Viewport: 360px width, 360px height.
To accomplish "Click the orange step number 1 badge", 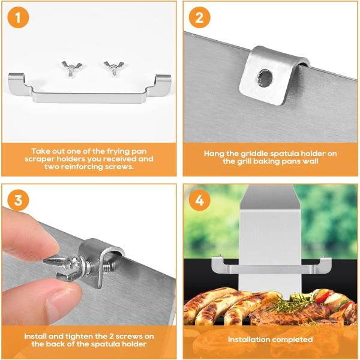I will click(19, 19).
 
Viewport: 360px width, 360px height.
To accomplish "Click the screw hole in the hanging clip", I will click(263, 76).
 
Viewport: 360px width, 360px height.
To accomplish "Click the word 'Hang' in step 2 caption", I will click(214, 154).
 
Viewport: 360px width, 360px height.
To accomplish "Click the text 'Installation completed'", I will click(269, 340).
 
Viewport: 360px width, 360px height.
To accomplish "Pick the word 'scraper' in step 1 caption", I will click(44, 159).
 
